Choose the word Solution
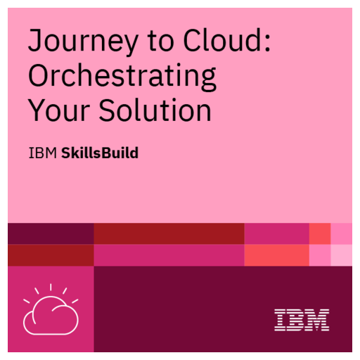click(156, 111)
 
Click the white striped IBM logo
click(302, 320)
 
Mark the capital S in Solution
click(112, 110)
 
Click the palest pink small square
click(341, 255)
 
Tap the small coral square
click(320, 233)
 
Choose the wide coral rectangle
click(276, 255)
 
